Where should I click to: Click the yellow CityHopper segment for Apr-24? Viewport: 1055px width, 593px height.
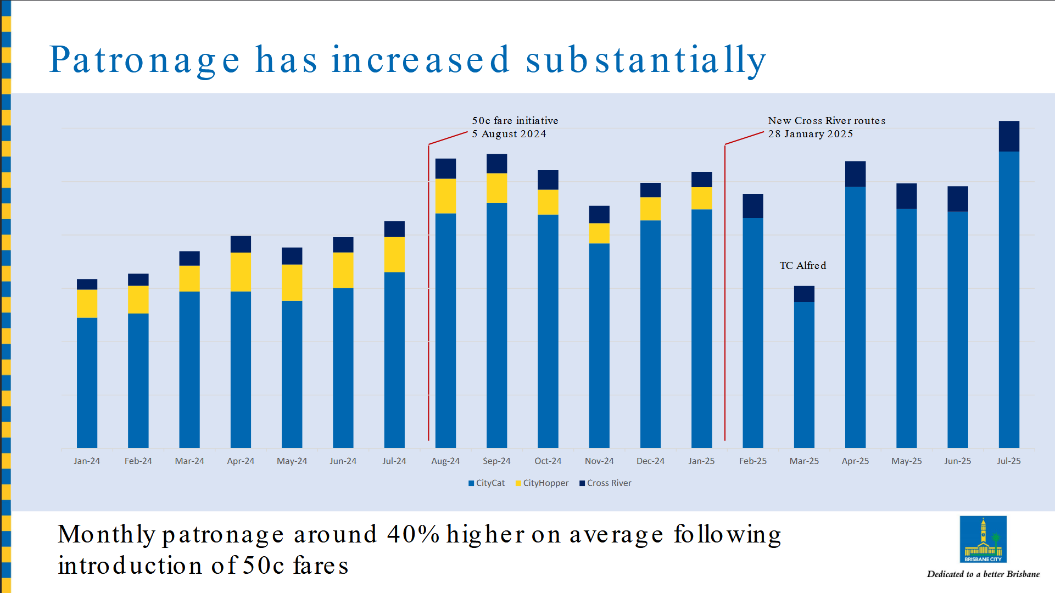click(x=241, y=272)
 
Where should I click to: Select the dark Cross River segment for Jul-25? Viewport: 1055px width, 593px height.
click(x=1009, y=136)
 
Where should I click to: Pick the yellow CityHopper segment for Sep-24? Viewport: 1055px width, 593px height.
click(x=496, y=188)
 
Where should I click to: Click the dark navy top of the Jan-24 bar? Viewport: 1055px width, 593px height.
click(x=87, y=284)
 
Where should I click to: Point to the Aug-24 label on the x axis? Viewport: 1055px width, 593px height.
click(x=445, y=461)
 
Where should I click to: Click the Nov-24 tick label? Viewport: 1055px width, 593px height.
click(x=599, y=461)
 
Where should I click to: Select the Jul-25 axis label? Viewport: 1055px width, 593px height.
click(x=1009, y=461)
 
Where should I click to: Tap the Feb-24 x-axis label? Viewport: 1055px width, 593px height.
click(x=138, y=461)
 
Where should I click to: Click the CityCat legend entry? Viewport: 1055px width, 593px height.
click(x=487, y=483)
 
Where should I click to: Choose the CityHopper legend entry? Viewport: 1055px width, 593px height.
click(x=542, y=483)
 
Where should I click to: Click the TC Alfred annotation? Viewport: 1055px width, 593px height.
click(x=802, y=266)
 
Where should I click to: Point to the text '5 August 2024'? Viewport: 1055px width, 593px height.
click(x=509, y=134)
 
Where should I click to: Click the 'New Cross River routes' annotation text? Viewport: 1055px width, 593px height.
click(x=827, y=121)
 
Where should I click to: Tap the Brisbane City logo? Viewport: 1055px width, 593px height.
click(x=983, y=539)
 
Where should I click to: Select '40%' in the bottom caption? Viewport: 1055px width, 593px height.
click(x=413, y=534)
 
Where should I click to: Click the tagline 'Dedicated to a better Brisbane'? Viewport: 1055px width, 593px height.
click(x=983, y=574)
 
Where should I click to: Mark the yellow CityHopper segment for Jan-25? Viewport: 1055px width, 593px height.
click(x=701, y=198)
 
